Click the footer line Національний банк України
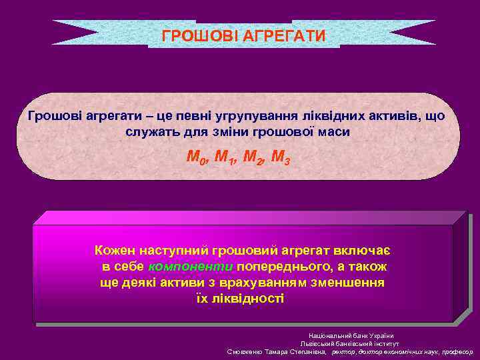coord(351,335)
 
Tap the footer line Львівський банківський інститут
coord(351,343)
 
